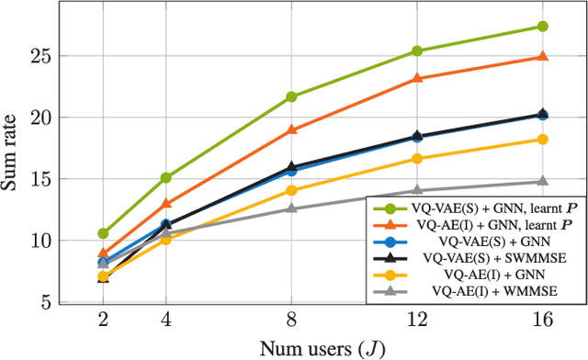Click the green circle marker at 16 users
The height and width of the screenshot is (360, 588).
pyautogui.click(x=542, y=27)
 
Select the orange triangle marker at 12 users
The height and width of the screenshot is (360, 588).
pyautogui.click(x=417, y=78)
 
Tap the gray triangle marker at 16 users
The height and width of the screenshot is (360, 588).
pyautogui.click(x=542, y=181)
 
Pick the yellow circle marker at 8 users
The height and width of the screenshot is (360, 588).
pyautogui.click(x=291, y=190)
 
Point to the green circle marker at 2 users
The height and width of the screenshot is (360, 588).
pyautogui.click(x=103, y=233)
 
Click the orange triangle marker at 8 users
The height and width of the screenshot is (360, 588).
pyautogui.click(x=291, y=129)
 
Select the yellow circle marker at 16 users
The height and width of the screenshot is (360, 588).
pyautogui.click(x=542, y=140)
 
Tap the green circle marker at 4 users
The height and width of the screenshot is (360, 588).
pyautogui.click(x=165, y=177)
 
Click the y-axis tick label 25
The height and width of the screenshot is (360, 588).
pyautogui.click(x=39, y=56)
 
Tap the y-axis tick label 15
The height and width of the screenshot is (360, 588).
pyautogui.click(x=39, y=179)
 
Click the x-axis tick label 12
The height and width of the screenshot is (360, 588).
pyautogui.click(x=417, y=322)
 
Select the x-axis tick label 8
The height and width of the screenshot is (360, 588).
pyautogui.click(x=291, y=322)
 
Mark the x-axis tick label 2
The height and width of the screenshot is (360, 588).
pyautogui.click(x=103, y=322)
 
